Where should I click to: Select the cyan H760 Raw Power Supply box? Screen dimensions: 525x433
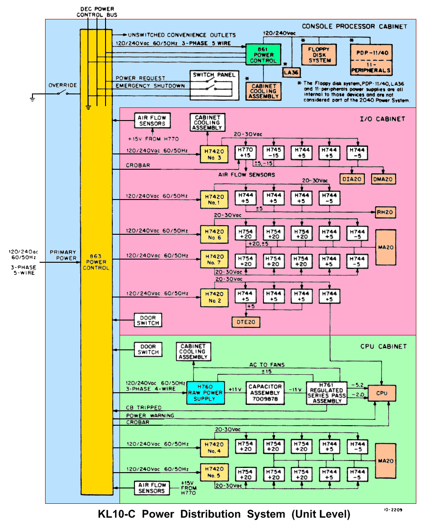tap(205, 392)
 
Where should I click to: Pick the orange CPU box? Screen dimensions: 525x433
tap(382, 393)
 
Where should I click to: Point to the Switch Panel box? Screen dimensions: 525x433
tap(214, 85)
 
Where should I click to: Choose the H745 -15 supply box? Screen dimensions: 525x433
tap(274, 153)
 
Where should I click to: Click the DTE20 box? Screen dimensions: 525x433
tap(246, 322)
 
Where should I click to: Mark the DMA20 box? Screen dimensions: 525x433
tap(383, 179)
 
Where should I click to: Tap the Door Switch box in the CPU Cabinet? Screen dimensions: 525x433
tap(148, 349)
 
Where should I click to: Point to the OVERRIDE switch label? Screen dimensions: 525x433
tap(63, 85)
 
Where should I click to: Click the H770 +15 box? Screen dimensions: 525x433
tap(246, 153)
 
